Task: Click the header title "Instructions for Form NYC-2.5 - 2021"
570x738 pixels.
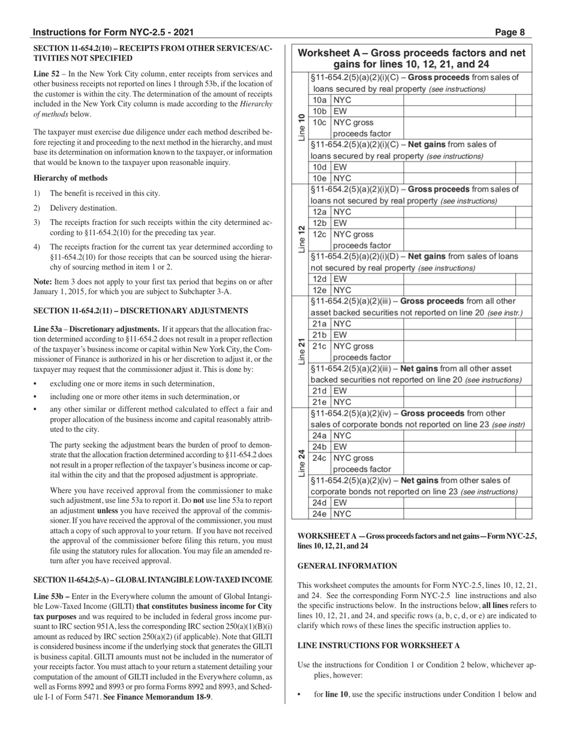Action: [113, 32]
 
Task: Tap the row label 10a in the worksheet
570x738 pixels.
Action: [319, 100]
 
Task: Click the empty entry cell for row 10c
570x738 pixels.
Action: [459, 128]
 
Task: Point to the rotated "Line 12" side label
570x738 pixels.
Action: [301, 239]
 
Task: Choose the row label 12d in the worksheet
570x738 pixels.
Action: [319, 279]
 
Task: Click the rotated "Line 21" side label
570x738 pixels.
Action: [301, 352]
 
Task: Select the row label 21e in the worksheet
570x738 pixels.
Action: [319, 402]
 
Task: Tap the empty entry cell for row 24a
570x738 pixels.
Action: [459, 436]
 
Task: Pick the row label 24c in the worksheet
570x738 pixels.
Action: [319, 458]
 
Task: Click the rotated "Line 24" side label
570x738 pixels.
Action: [301, 463]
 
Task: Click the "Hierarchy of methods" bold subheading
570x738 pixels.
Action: [71, 178]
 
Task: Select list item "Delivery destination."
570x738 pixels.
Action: [83, 208]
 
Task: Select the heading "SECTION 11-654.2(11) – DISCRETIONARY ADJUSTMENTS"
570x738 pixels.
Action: [140, 311]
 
